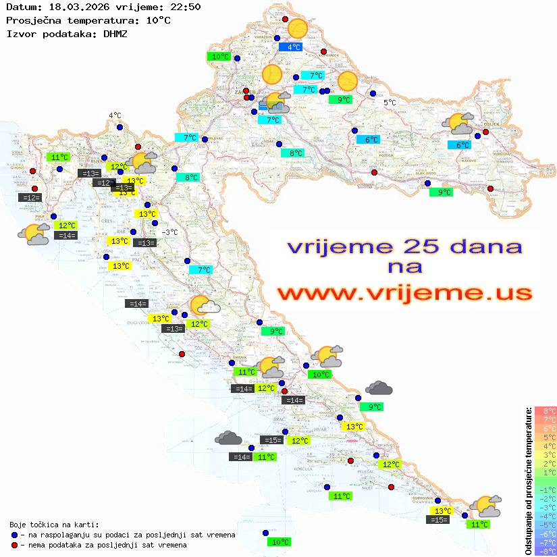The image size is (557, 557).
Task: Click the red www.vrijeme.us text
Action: click(x=404, y=292)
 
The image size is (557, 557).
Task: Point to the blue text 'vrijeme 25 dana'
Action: click(x=404, y=246)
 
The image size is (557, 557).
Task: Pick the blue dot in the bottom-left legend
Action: click(x=15, y=535)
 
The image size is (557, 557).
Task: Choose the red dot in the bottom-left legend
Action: click(x=15, y=545)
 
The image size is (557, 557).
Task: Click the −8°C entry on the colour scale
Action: click(x=546, y=551)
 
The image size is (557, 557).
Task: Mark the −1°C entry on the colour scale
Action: click(x=546, y=489)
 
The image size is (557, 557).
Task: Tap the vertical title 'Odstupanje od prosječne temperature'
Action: click(x=529, y=481)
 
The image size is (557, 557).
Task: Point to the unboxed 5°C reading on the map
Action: click(x=390, y=103)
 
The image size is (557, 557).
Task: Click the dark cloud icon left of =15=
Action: click(x=228, y=438)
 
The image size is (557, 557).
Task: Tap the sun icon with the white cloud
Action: click(x=203, y=306)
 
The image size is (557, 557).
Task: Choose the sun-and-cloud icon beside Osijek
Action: click(x=458, y=124)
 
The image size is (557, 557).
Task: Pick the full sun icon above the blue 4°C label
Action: click(x=297, y=29)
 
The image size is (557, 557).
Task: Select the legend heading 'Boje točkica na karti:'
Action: click(x=54, y=524)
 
